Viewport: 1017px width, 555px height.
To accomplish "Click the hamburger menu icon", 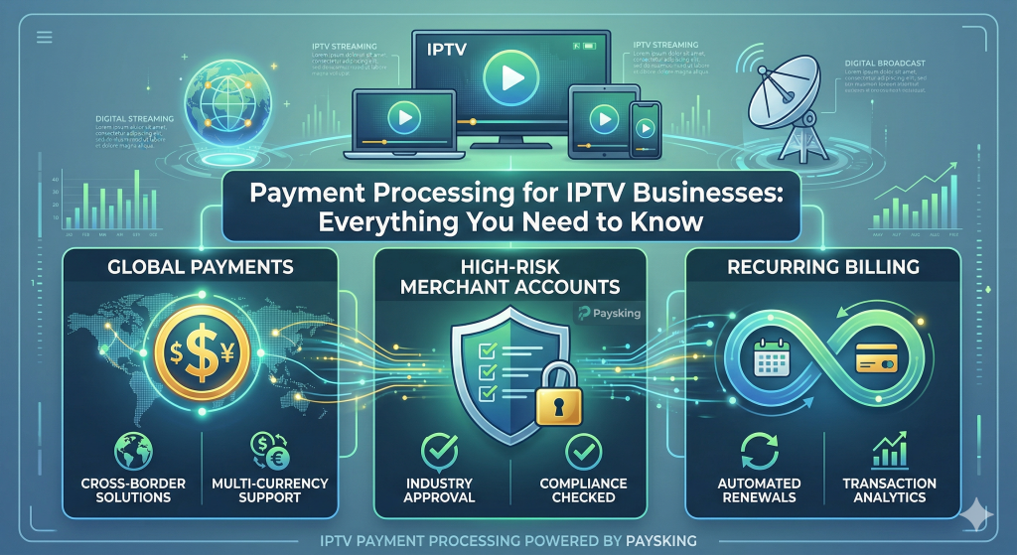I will pos(44,38).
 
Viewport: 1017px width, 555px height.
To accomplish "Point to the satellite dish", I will pos(795,94).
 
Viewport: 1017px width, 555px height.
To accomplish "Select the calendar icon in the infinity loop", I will pos(772,359).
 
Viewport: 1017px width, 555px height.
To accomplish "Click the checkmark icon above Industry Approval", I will pos(439,452).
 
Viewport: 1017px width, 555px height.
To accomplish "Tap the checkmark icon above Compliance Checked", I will pos(583,452).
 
